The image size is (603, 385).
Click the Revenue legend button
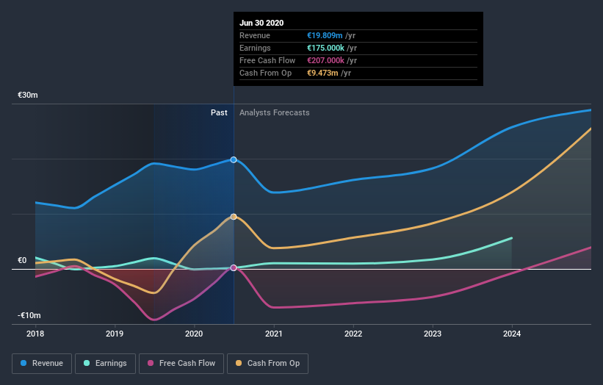point(42,363)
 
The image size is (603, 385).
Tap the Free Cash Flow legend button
point(181,363)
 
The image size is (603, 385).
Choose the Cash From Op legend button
point(267,363)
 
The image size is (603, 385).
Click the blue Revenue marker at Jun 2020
point(234,159)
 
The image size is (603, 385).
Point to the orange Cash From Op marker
point(234,217)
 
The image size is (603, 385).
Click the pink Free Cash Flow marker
point(234,268)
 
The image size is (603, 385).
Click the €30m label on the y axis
point(28,96)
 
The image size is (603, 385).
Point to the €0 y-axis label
point(22,260)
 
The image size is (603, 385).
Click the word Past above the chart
point(219,113)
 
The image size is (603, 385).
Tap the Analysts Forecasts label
point(274,113)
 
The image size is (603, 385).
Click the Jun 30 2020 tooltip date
point(261,23)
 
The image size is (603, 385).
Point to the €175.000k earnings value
point(324,48)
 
